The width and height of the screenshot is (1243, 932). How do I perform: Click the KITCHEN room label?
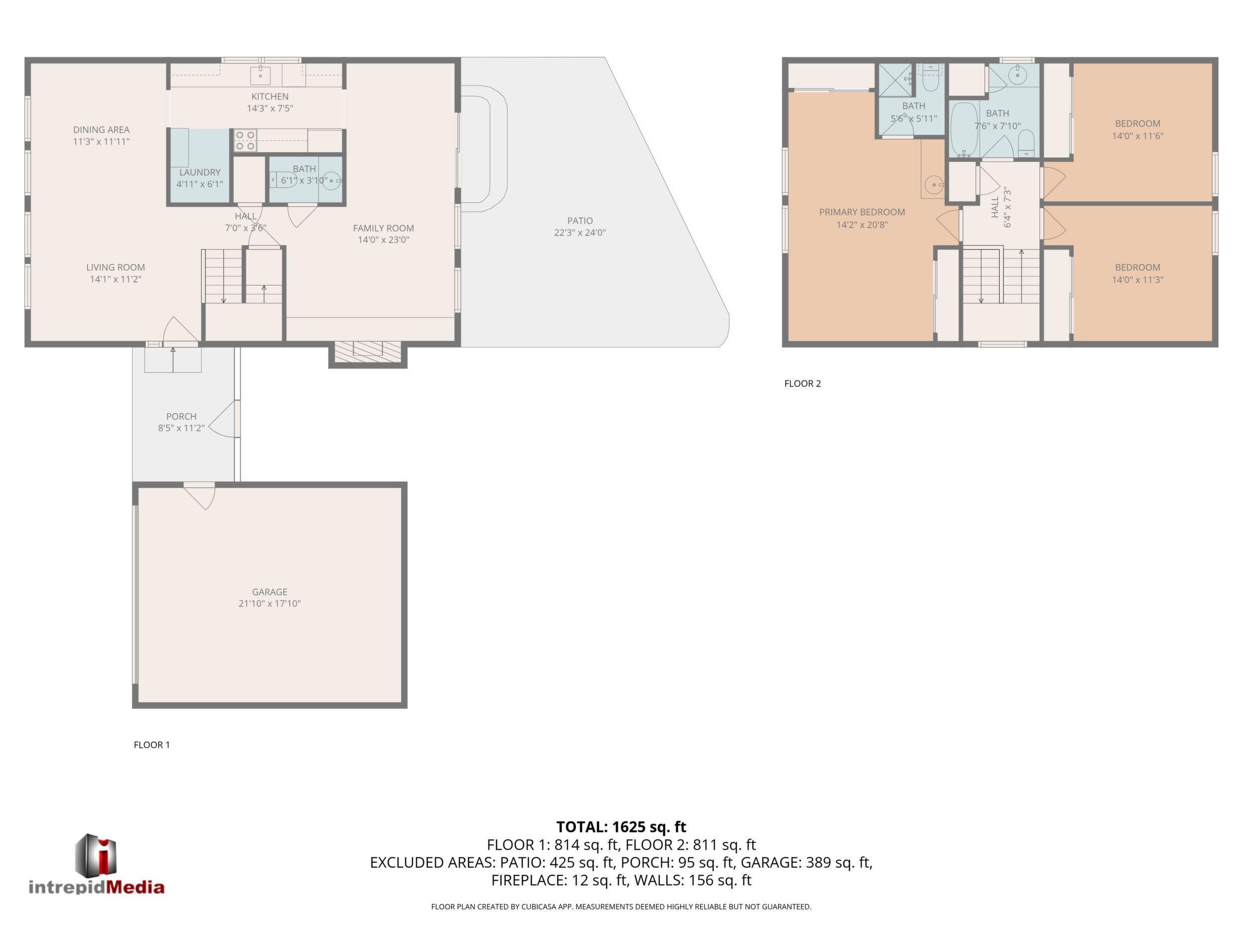[x=270, y=97]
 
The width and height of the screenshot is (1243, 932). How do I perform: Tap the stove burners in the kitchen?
[x=245, y=140]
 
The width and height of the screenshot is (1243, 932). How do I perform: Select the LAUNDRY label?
[x=200, y=172]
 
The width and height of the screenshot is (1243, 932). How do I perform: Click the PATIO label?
[x=580, y=221]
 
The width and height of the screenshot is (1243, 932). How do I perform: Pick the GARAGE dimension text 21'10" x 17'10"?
[x=270, y=604]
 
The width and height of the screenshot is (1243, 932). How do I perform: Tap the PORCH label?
[x=181, y=416]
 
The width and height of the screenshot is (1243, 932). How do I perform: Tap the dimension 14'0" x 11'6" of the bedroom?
[x=1137, y=136]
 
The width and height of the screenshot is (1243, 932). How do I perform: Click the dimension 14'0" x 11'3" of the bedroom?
[x=1137, y=280]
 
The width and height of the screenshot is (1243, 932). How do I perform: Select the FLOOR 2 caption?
[x=802, y=384]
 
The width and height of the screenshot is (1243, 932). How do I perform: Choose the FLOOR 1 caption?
[x=152, y=745]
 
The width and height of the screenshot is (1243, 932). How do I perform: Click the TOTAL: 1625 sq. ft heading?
[x=621, y=827]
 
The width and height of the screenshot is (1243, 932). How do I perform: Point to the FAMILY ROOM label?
[x=383, y=228]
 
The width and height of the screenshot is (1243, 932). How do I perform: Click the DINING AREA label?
[x=101, y=130]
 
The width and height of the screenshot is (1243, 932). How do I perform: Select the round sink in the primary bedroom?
[x=934, y=184]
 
